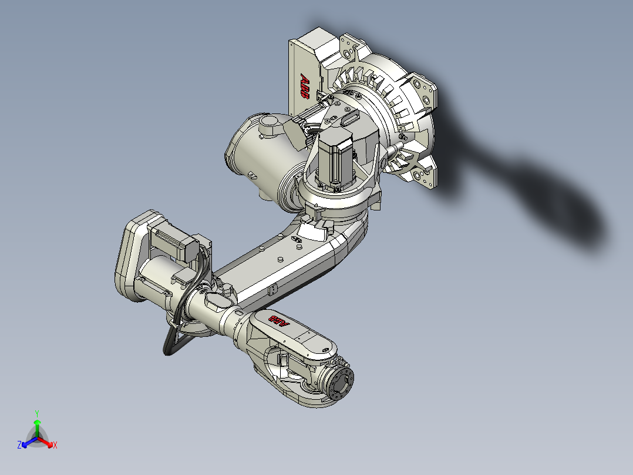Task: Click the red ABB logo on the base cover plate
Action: tap(304, 85)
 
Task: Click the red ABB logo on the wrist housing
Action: tap(280, 321)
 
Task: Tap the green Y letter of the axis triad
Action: tap(36, 413)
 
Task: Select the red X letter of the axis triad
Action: tap(55, 446)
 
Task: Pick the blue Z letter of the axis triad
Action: tap(19, 446)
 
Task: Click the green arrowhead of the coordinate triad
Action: tap(37, 422)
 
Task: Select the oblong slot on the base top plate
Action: tap(351, 118)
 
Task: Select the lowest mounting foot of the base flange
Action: tap(425, 176)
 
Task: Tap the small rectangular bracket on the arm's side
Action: tap(272, 290)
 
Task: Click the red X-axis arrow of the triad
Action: tap(47, 443)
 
